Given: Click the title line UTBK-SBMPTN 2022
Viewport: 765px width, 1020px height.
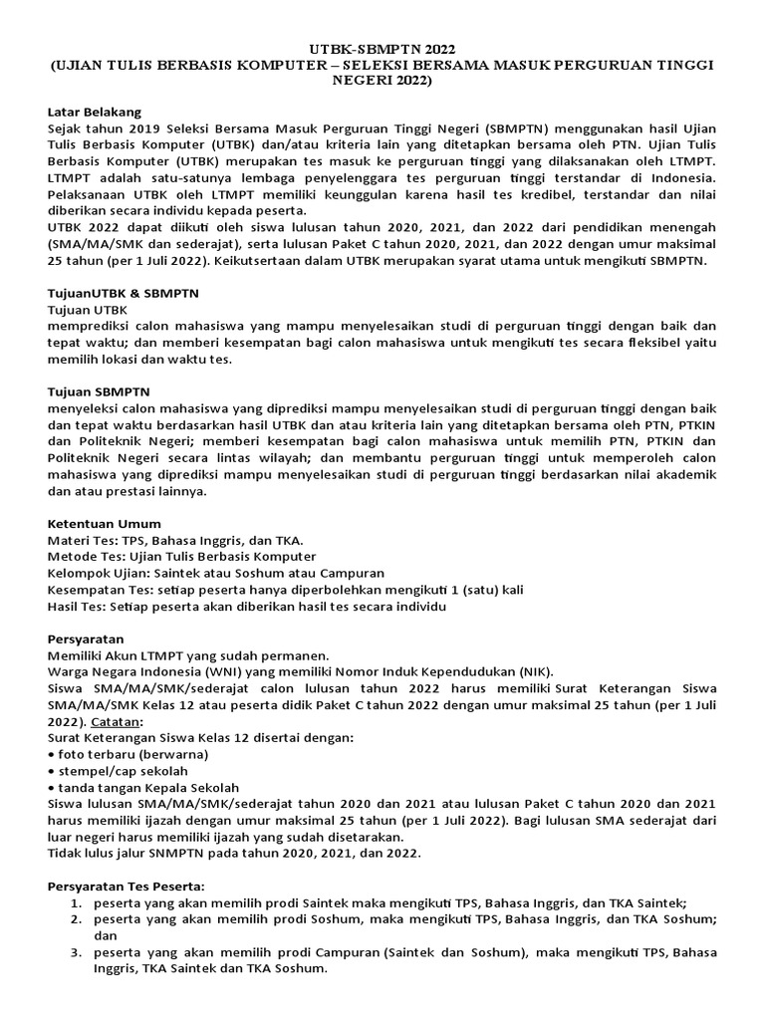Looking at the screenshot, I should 382,47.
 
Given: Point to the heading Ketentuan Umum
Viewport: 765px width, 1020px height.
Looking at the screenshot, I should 105,523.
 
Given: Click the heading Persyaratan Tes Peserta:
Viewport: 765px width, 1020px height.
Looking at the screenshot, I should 126,885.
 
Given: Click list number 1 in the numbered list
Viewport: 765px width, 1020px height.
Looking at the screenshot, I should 76,901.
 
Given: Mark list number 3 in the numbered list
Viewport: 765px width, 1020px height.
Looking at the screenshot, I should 76,952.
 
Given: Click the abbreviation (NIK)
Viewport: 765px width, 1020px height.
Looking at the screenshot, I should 529,671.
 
